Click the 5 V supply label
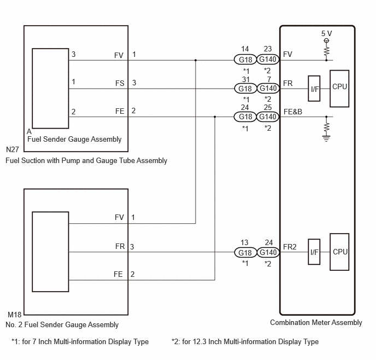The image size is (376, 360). point(326,33)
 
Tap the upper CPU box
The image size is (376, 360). point(339,88)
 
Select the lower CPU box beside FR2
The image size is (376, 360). point(339,252)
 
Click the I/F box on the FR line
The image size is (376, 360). point(314,89)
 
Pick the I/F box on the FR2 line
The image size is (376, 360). point(314,252)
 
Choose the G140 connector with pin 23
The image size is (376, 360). point(268,60)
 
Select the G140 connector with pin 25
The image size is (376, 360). point(268,117)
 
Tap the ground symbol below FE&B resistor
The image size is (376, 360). point(326,138)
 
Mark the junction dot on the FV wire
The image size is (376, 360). point(196,60)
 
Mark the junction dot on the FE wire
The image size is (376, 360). point(215,117)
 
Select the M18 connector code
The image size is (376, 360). point(13,315)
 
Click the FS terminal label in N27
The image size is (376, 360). point(120,83)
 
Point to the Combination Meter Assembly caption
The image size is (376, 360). point(316,323)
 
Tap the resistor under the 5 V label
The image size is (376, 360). point(326,50)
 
